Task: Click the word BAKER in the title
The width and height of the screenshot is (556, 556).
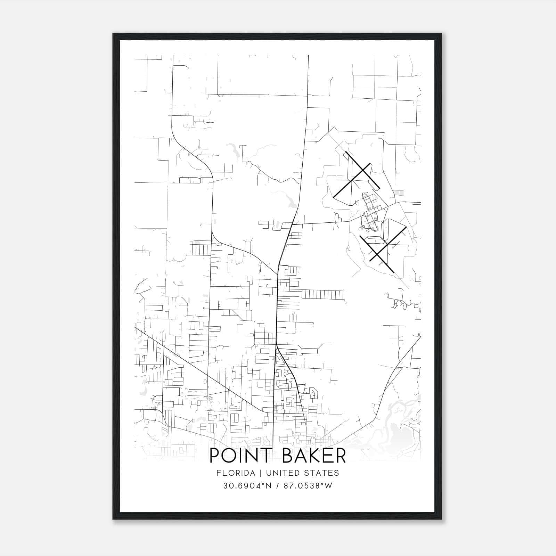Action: click(314, 456)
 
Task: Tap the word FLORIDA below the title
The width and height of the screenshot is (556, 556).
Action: click(234, 473)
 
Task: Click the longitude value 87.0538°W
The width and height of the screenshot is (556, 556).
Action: click(308, 485)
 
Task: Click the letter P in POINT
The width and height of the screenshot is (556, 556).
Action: click(215, 456)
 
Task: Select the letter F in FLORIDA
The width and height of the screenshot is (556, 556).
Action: click(218, 473)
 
